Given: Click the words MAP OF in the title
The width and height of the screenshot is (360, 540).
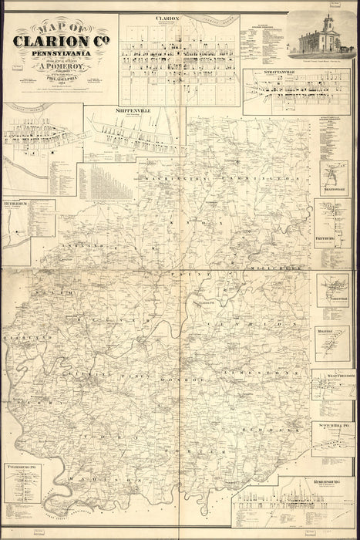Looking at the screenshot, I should click(55, 29).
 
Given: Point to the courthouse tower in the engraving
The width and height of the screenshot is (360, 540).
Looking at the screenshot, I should click(328, 23).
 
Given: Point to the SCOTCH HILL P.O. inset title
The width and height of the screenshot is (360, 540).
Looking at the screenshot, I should click(333, 424).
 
